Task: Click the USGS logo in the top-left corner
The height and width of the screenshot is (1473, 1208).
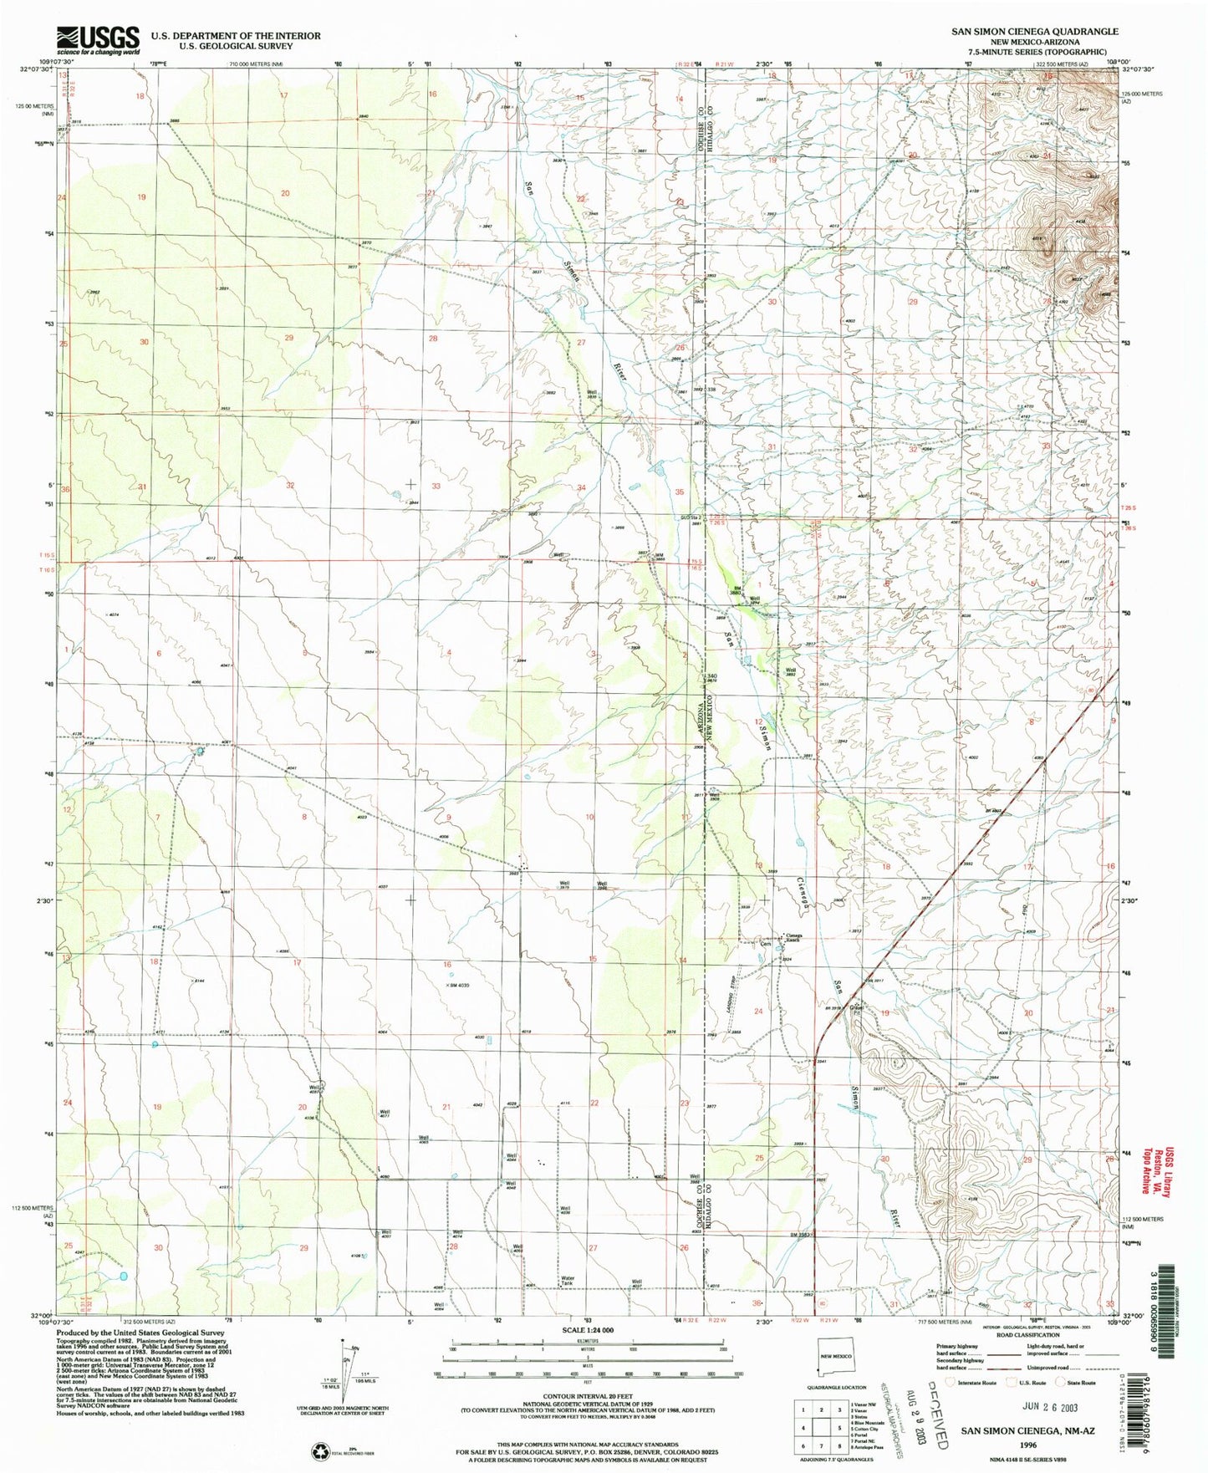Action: click(98, 39)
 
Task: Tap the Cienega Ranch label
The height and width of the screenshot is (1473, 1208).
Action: click(792, 937)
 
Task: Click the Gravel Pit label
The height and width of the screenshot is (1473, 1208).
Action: click(857, 1008)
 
